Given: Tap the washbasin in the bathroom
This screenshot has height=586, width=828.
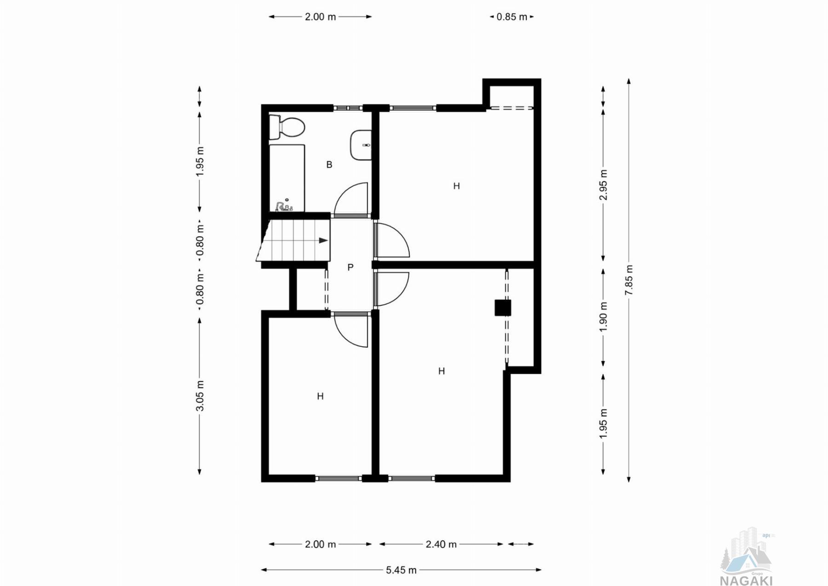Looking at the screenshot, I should pyautogui.click(x=361, y=145).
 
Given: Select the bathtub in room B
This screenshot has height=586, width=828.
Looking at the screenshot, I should pyautogui.click(x=287, y=177).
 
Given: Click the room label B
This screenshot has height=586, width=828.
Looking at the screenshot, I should pyautogui.click(x=329, y=164).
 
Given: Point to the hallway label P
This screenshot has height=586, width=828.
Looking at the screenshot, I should pyautogui.click(x=351, y=267).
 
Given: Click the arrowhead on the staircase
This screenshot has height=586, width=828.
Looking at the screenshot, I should pyautogui.click(x=323, y=240).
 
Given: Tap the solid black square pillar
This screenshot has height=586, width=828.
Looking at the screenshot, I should pyautogui.click(x=503, y=308).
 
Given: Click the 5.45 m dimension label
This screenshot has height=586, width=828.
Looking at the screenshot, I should pyautogui.click(x=401, y=570).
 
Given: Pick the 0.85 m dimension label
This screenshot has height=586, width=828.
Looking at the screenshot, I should pyautogui.click(x=512, y=17).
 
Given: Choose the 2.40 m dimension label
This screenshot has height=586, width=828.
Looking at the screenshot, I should pyautogui.click(x=441, y=544).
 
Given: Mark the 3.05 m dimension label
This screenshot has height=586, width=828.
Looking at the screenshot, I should pyautogui.click(x=200, y=396).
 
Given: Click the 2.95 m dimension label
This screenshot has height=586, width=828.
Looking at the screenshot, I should pyautogui.click(x=604, y=185).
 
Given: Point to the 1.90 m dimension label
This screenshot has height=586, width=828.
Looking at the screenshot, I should pyautogui.click(x=604, y=316).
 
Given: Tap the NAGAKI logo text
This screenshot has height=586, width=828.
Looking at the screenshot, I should pyautogui.click(x=746, y=580).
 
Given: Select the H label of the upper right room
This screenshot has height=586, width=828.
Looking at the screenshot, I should pyautogui.click(x=456, y=186).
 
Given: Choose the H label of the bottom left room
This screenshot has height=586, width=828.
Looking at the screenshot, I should pyautogui.click(x=320, y=396).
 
